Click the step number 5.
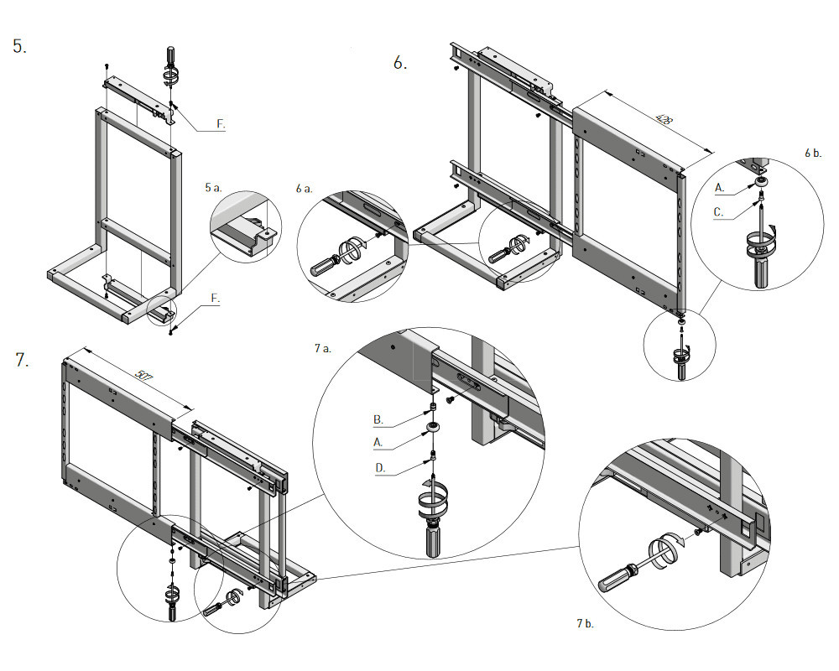click(19, 47)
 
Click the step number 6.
click(400, 62)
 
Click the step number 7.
click(22, 361)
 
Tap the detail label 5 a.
click(212, 188)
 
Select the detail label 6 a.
click(304, 189)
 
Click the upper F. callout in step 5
click(221, 124)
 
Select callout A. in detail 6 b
click(720, 186)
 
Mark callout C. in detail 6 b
click(719, 212)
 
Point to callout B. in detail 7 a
click(378, 418)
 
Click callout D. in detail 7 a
click(378, 469)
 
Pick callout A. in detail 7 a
click(378, 440)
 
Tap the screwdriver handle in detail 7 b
click(615, 578)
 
